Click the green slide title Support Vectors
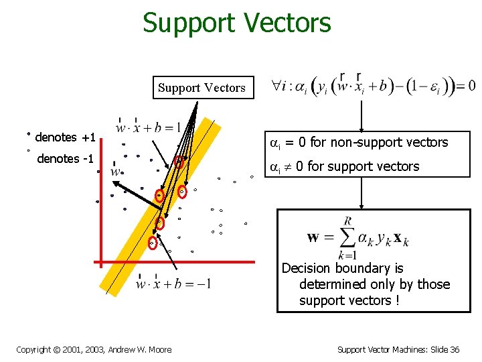click(x=236, y=23)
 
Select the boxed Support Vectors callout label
click(x=202, y=88)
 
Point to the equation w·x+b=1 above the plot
click(x=148, y=127)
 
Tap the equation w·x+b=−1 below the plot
click(x=173, y=284)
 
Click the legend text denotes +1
click(x=65, y=137)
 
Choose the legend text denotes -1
click(x=66, y=159)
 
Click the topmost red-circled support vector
click(x=179, y=162)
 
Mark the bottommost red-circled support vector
click(x=153, y=243)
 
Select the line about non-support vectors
click(x=359, y=142)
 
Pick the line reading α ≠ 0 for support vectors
click(x=344, y=166)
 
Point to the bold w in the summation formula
click(x=313, y=238)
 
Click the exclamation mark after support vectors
click(x=397, y=301)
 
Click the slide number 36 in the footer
click(x=454, y=349)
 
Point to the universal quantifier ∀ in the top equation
click(x=275, y=86)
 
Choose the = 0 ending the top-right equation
click(x=466, y=86)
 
